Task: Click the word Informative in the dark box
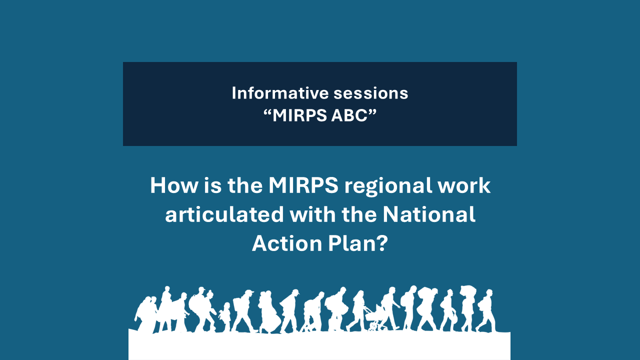[x=280, y=93]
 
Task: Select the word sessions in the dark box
[x=371, y=93]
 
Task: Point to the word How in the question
[x=174, y=185]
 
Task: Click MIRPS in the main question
[x=303, y=185]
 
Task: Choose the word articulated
[x=224, y=214]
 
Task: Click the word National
[x=429, y=214]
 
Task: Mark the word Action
[x=287, y=243]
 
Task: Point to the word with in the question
[x=312, y=214]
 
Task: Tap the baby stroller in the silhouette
[x=374, y=318]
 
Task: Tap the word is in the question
[x=212, y=185]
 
